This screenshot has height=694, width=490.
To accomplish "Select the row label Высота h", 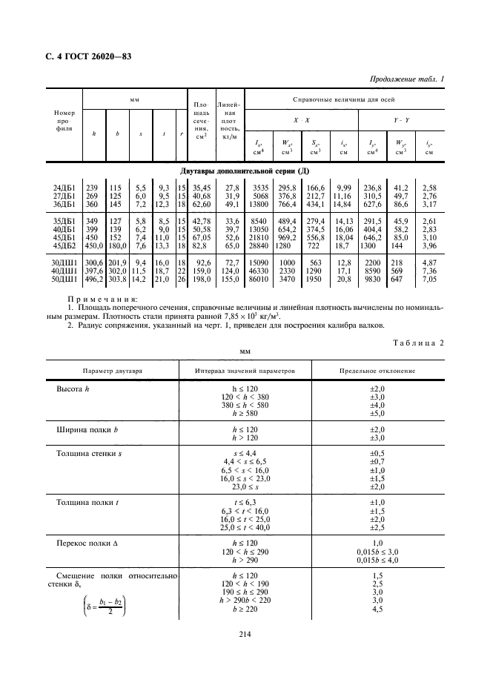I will pyautogui.click(x=73, y=389).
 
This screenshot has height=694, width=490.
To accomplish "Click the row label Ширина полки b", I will pyautogui.click(x=84, y=430).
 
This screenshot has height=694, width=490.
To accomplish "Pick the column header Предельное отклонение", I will pyautogui.click(x=377, y=370).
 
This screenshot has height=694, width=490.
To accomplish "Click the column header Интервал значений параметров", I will pyautogui.click(x=245, y=370).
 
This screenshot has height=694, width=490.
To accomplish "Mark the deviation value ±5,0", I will pyautogui.click(x=377, y=413).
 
